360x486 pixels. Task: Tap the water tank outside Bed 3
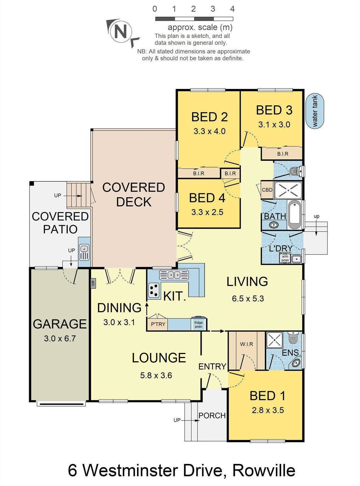[x=315, y=111]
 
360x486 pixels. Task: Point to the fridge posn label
[x=198, y=324]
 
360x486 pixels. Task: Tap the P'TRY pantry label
[x=158, y=324]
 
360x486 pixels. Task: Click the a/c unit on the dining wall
[x=93, y=283]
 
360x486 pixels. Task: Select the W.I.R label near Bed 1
[x=247, y=344]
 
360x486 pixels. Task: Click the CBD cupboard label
[x=267, y=190]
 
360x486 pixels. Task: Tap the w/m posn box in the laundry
[x=285, y=258]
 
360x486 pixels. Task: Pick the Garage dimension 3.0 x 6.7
[x=60, y=338]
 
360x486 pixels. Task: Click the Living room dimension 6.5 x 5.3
[x=248, y=299]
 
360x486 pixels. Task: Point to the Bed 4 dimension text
[x=207, y=212]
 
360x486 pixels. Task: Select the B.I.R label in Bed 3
[x=283, y=154]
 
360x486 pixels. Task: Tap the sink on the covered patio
[x=84, y=252]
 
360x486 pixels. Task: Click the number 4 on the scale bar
[x=232, y=9]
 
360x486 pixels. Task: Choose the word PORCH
[x=212, y=416]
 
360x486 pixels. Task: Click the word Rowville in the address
[x=264, y=470]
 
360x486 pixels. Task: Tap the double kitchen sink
[x=174, y=275]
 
